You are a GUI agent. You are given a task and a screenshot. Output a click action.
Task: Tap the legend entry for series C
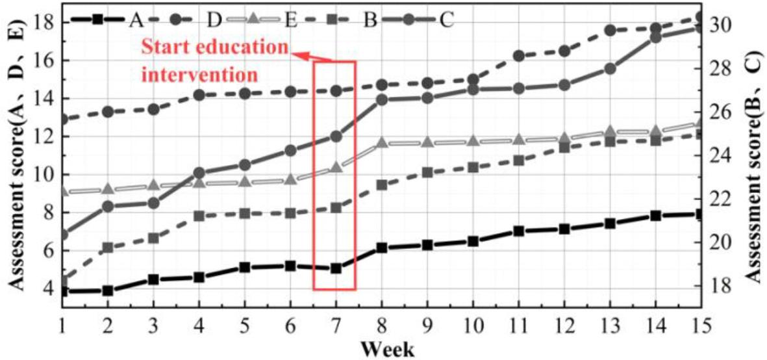(x=416, y=19)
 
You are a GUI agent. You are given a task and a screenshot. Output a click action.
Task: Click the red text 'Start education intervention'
(x=214, y=60)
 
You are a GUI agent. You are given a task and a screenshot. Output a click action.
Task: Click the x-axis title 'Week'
(x=388, y=349)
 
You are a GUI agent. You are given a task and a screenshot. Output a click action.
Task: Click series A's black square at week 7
(x=336, y=268)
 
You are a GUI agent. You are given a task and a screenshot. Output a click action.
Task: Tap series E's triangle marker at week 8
(x=382, y=143)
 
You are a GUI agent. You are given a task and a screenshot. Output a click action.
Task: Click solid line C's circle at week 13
(x=610, y=68)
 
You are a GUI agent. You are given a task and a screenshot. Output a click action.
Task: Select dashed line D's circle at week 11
(x=519, y=56)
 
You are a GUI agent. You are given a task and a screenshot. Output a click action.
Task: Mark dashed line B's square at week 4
(x=199, y=216)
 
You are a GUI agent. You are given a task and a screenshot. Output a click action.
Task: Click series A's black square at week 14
(x=655, y=216)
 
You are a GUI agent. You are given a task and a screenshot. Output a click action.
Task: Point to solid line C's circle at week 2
(x=108, y=207)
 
